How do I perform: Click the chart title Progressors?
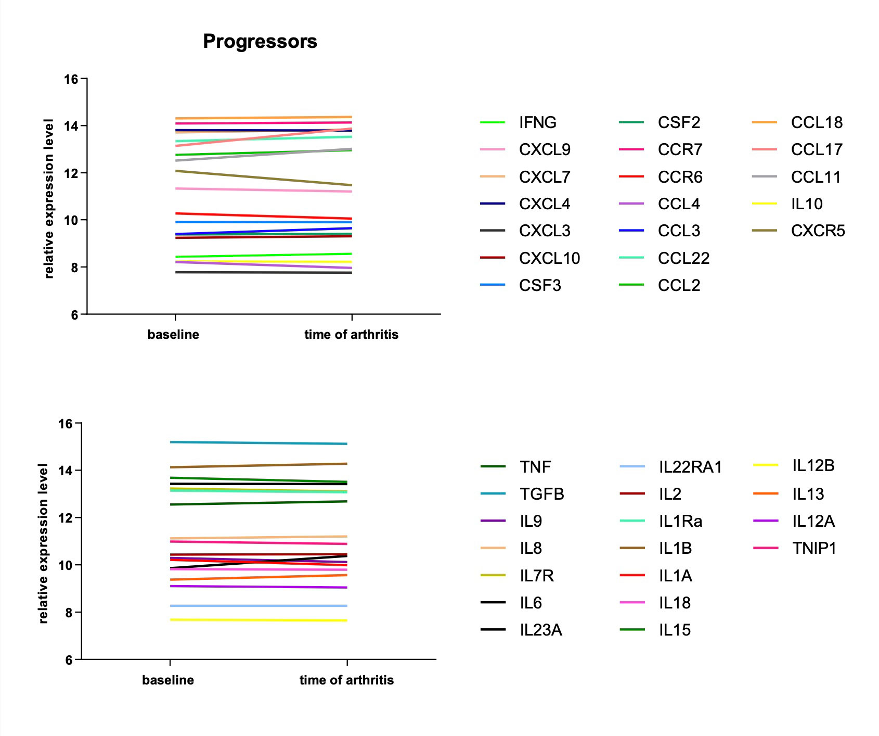pos(260,41)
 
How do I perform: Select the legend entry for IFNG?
pos(537,122)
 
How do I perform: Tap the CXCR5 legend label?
pos(818,231)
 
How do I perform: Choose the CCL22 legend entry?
pos(683,258)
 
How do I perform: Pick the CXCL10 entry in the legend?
pos(549,258)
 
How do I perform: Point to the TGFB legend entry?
pos(541,494)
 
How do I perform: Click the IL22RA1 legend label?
pos(690,467)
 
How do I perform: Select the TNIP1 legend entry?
pos(814,548)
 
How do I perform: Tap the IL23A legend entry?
pos(540,630)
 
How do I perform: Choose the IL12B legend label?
pos(813,466)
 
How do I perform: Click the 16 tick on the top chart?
pos(71,79)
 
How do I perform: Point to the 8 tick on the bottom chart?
pos(69,613)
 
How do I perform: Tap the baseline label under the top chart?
pos(173,334)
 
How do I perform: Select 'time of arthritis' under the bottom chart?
pos(346,680)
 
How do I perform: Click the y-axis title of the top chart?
pos(49,199)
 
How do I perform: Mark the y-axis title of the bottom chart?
pos(43,543)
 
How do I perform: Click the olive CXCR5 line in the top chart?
pos(263,178)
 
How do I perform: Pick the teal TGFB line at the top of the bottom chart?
pos(258,443)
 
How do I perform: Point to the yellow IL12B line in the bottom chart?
pos(258,620)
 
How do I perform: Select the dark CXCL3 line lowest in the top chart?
pos(263,272)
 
